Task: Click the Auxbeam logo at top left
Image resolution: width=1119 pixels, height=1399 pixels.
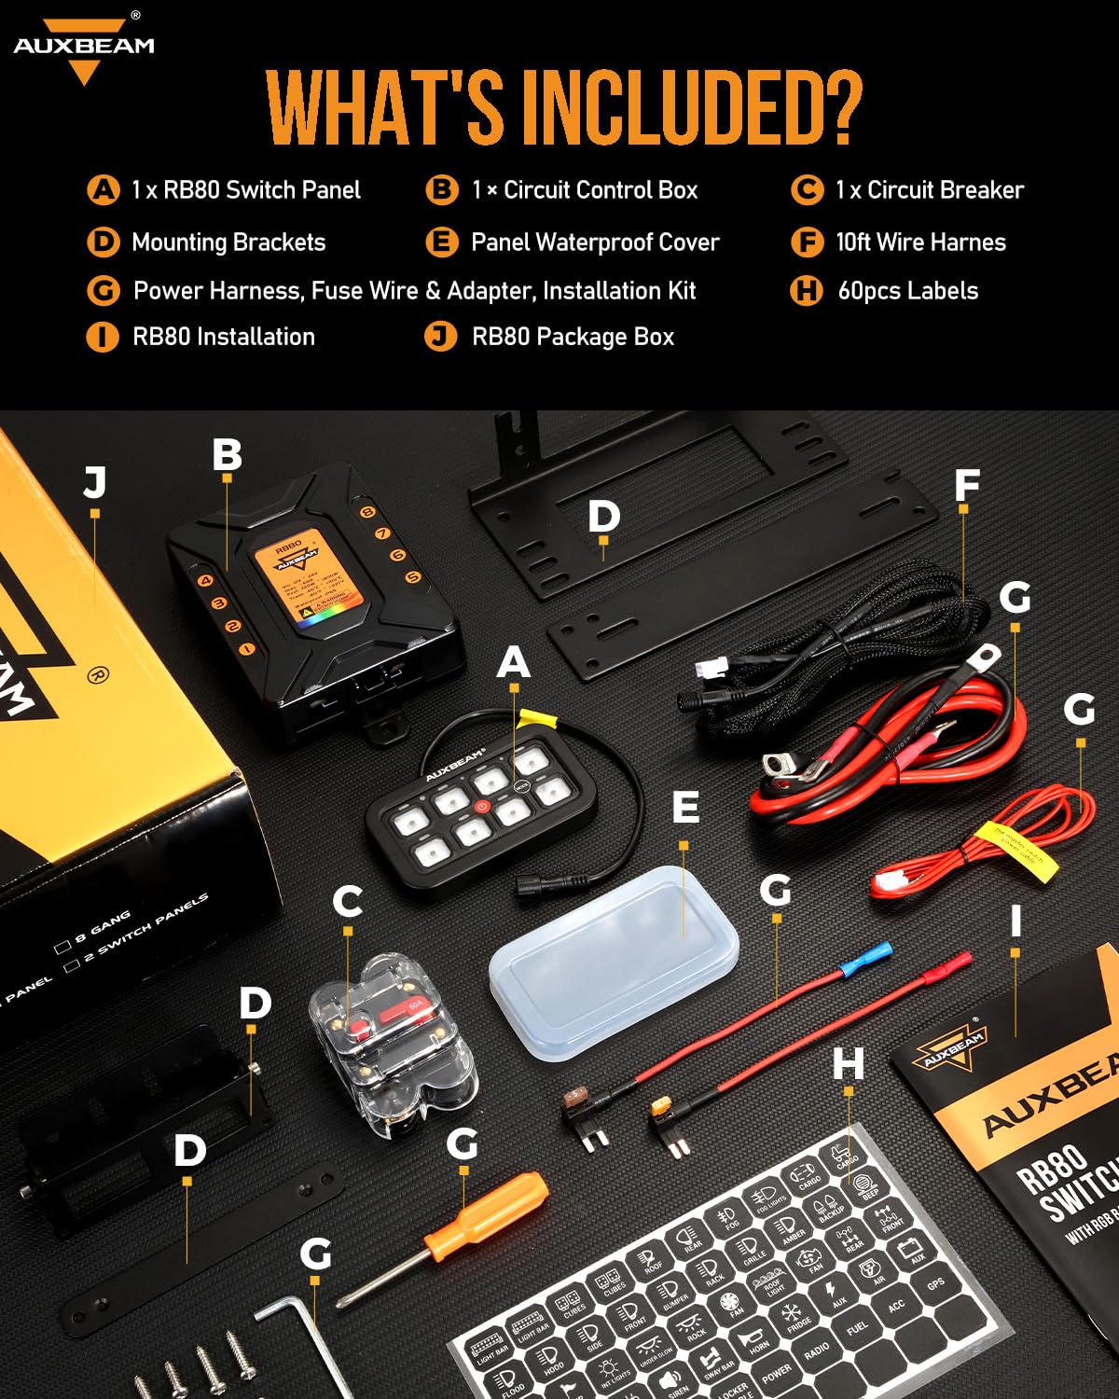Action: (84, 47)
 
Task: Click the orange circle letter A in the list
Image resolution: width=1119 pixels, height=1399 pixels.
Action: (103, 190)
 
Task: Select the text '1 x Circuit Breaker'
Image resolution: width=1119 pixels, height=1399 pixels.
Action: (929, 190)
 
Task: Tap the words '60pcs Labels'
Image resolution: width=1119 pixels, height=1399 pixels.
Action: (907, 291)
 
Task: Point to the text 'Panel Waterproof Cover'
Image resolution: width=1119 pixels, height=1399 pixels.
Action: (595, 242)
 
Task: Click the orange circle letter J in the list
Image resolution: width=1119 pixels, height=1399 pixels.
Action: (440, 336)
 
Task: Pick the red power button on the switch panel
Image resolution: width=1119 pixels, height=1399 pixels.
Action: (482, 807)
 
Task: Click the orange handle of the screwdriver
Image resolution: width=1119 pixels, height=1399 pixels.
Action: (487, 1214)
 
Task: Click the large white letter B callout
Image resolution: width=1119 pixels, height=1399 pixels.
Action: (227, 455)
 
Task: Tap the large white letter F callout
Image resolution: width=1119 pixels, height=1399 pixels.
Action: (967, 485)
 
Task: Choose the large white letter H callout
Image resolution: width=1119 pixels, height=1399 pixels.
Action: (848, 1063)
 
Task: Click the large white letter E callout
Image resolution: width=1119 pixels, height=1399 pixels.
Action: (685, 807)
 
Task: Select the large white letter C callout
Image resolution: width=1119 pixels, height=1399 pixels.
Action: (348, 901)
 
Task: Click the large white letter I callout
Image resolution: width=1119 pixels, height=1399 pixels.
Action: (1015, 921)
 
